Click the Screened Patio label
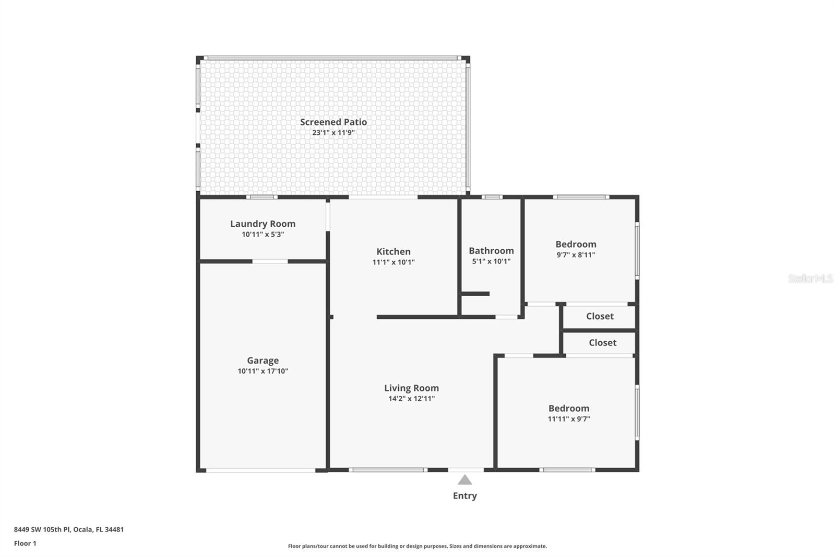[x=333, y=122]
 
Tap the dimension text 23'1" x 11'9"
[x=333, y=133]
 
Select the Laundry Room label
[x=263, y=224]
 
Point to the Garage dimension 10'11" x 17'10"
[x=263, y=371]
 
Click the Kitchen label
[x=393, y=251]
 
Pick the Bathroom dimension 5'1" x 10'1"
[x=491, y=261]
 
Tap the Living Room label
[x=411, y=388]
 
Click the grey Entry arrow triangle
[x=464, y=480]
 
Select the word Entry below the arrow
[x=464, y=496]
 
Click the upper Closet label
[x=600, y=316]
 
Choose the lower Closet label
[x=602, y=343]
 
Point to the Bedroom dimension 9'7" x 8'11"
[x=576, y=255]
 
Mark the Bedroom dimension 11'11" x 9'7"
[x=568, y=419]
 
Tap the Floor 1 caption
[x=25, y=543]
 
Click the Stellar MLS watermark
[x=810, y=278]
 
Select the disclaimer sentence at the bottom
[x=417, y=546]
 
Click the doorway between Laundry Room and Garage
[x=270, y=261]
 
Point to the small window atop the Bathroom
[x=492, y=197]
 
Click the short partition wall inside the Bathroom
[x=475, y=294]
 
